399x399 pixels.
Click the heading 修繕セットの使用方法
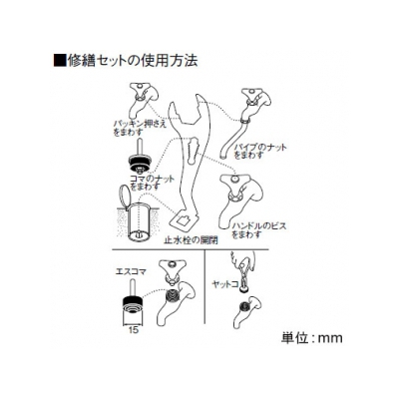(x=132, y=61)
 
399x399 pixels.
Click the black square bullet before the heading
(x=60, y=61)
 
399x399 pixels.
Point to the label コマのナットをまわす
(x=152, y=183)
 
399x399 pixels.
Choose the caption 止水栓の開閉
(x=192, y=240)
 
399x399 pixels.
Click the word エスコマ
(x=131, y=271)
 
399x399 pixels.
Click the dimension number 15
(x=133, y=330)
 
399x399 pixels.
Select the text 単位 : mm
(x=311, y=338)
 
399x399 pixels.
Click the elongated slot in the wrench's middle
(x=192, y=152)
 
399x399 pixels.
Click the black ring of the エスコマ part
(x=133, y=303)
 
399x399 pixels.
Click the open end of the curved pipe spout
(x=223, y=156)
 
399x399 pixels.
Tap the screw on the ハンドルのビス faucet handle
(x=235, y=179)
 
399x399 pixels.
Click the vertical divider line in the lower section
(x=204, y=286)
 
